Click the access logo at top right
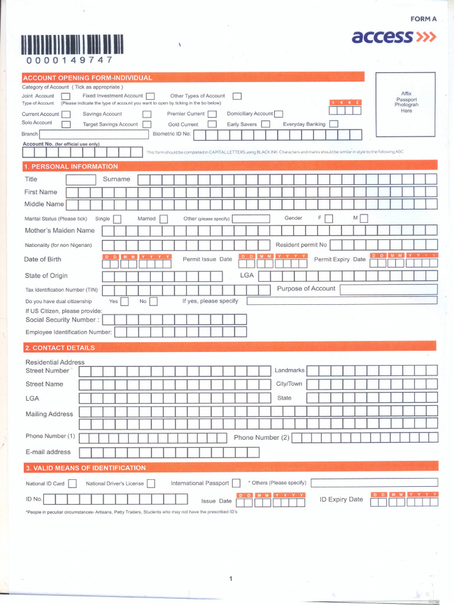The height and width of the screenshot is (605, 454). (394, 37)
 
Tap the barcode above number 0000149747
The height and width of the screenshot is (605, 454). (73, 45)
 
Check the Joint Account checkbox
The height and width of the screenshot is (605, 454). (66, 96)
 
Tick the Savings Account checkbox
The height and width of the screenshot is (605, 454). (147, 114)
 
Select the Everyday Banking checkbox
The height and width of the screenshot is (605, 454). (333, 124)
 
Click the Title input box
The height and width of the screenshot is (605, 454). (81, 180)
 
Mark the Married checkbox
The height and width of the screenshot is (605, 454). (164, 219)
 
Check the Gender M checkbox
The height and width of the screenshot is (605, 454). (364, 219)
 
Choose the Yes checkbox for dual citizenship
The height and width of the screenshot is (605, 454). (124, 302)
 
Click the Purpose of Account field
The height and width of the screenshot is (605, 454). (388, 289)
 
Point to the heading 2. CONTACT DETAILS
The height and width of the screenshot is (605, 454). (60, 347)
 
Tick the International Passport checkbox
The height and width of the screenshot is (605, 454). (236, 483)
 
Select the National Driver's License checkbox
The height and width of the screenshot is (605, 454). (151, 483)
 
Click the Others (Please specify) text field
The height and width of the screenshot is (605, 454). (374, 483)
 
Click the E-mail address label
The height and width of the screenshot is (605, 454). (48, 452)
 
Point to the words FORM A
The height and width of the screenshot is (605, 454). (423, 19)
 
